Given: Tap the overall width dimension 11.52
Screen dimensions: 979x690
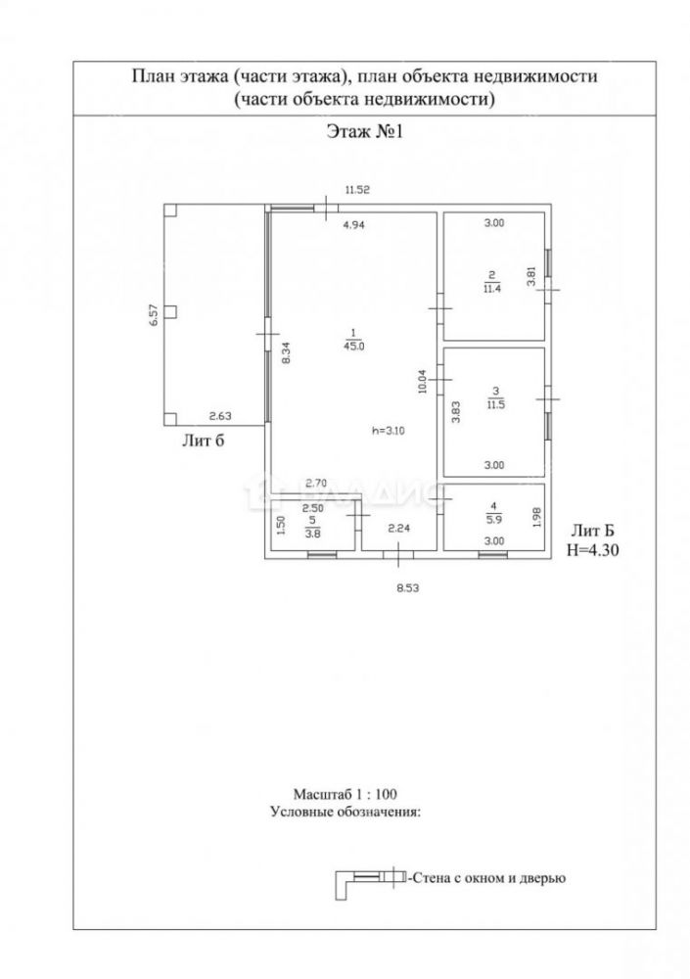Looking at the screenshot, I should pyautogui.click(x=356, y=191).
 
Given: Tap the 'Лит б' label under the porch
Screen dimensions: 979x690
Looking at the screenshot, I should pyautogui.click(x=205, y=442).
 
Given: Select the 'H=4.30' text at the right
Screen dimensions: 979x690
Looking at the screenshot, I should pyautogui.click(x=594, y=550).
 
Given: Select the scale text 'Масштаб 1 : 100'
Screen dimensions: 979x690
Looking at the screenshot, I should pyautogui.click(x=345, y=793).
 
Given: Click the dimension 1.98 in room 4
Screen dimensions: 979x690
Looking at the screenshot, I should pyautogui.click(x=535, y=515).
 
